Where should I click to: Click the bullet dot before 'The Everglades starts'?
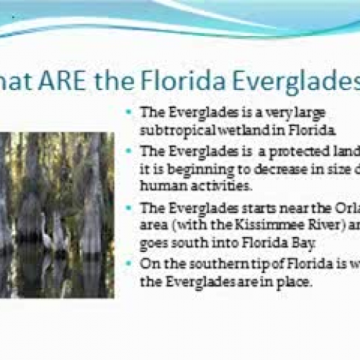pos(130,208)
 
